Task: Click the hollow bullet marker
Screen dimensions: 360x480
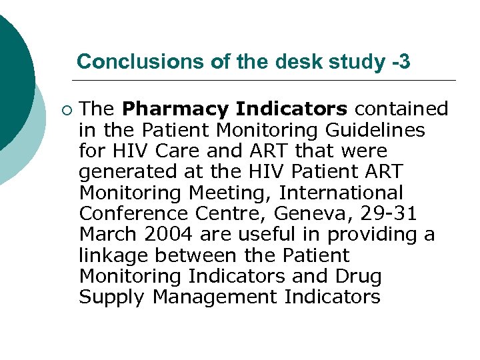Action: pos(64,109)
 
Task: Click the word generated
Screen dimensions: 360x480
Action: pos(123,171)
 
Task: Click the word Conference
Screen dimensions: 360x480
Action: pos(132,214)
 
